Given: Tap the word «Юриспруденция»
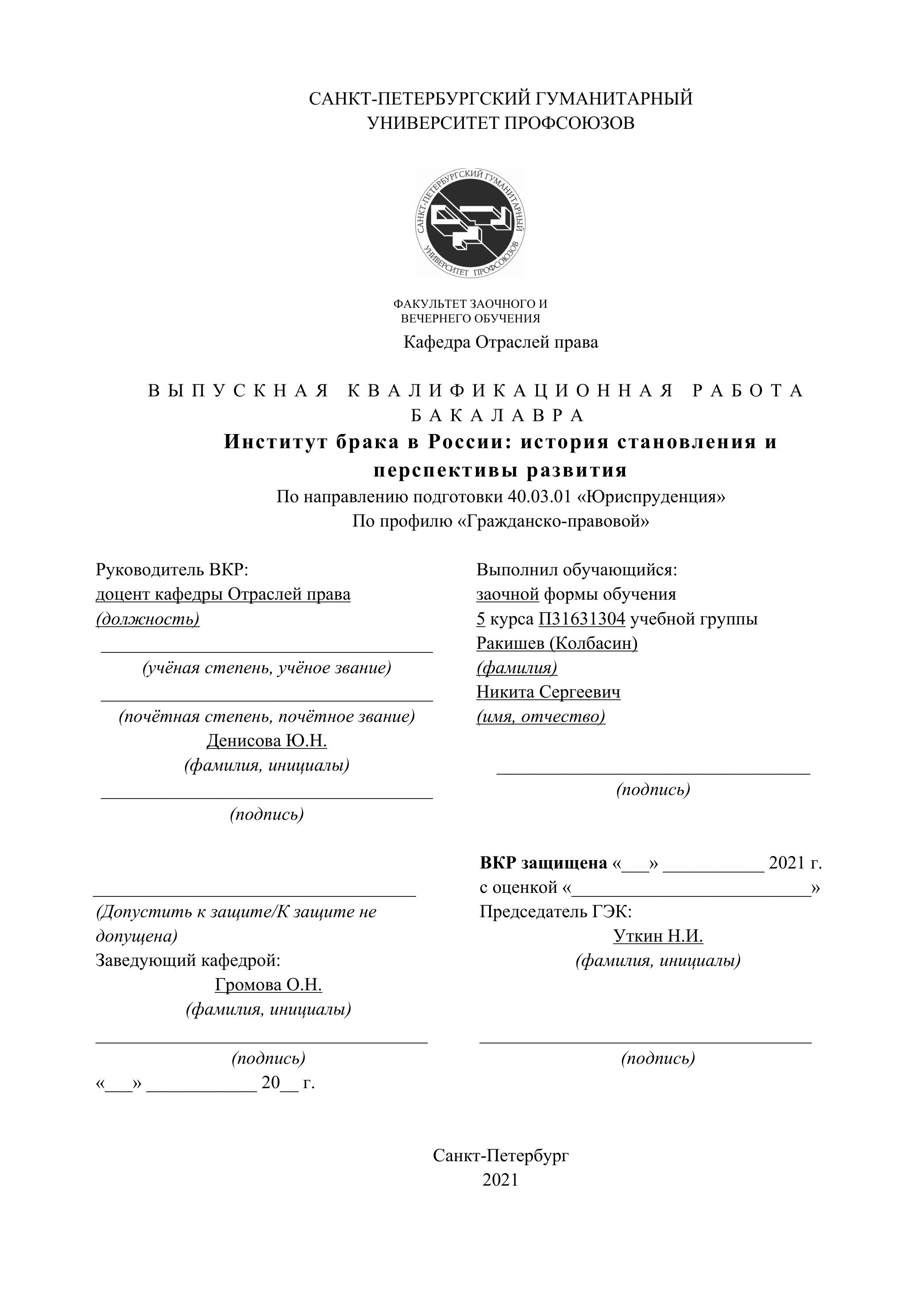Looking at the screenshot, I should point(651,497).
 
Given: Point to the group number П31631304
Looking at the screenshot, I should point(582,619).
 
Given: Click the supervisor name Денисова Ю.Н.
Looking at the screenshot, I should point(266,741).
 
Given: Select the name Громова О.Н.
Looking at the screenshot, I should point(268,985).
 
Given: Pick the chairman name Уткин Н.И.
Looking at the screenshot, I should point(658,936).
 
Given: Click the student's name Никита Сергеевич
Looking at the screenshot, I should point(548,692).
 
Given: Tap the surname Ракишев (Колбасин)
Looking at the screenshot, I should point(556,643).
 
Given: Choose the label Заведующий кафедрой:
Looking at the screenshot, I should point(188,960).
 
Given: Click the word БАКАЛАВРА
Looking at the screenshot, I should point(498,416).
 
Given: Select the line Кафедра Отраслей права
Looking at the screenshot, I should point(501,342).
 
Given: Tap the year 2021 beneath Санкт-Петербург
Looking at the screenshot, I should point(500,1180).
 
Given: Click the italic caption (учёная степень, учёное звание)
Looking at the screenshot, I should point(266,668).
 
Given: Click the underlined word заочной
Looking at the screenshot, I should point(507,594).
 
